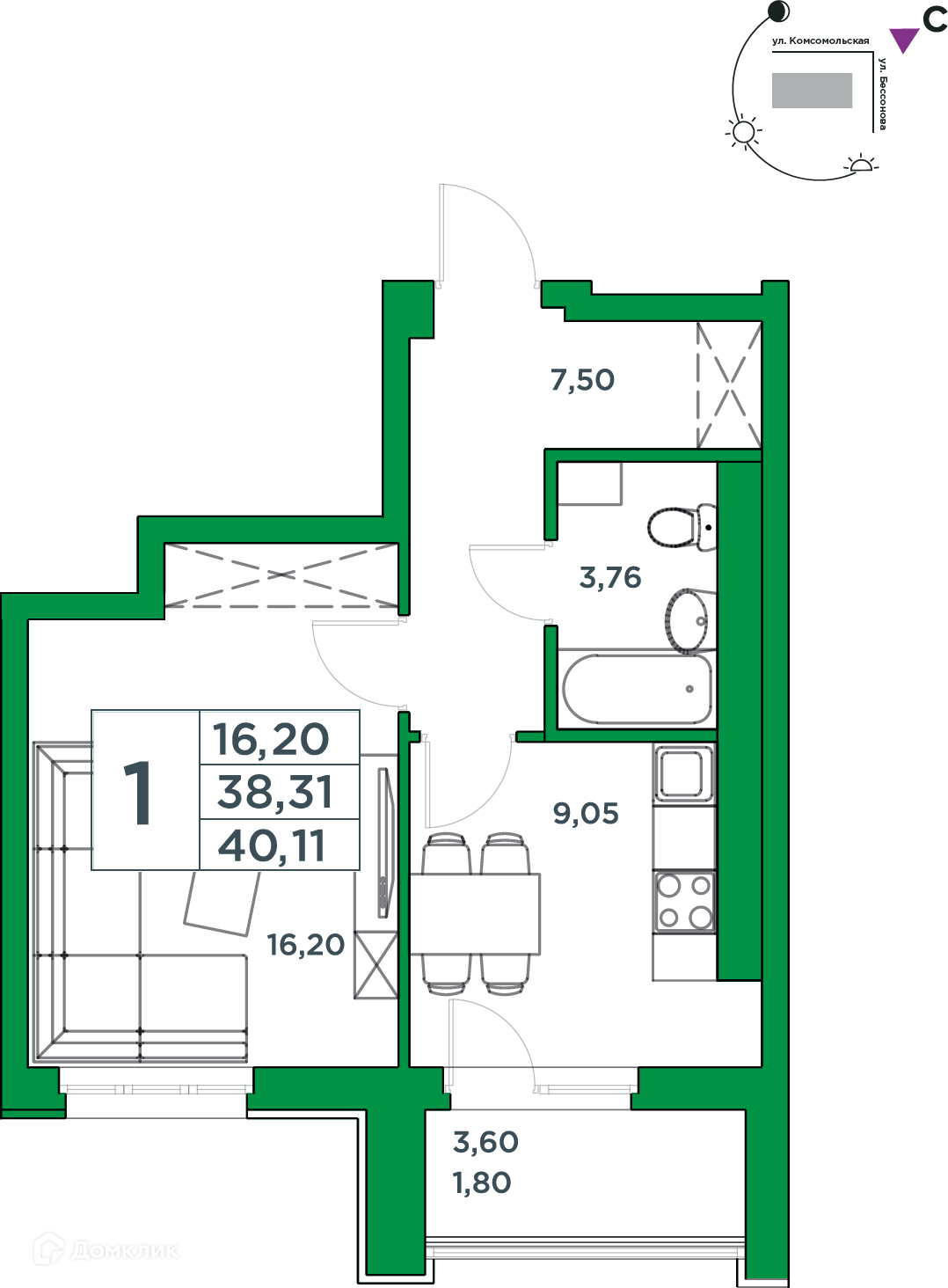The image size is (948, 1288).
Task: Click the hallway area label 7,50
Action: pos(582,380)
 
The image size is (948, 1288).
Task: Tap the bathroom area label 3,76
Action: pos(610,577)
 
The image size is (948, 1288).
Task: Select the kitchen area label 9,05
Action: pos(585,814)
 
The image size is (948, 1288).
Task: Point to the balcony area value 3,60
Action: pos(485,1142)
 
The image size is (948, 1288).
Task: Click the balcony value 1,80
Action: pos(482,1182)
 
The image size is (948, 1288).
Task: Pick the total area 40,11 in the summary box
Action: pos(272,845)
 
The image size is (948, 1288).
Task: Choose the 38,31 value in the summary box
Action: pos(274,793)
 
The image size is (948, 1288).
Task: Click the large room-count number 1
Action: pos(138,792)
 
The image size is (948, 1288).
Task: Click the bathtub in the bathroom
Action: pos(637,689)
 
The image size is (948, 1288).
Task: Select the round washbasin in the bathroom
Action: pos(688,621)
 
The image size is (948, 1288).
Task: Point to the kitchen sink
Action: pos(683,773)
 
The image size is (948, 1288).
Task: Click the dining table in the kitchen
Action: pos(475,914)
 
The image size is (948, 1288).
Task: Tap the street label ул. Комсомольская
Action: pos(820,40)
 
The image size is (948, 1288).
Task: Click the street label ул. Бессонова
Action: pos(882,93)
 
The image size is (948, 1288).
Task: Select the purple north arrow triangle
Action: pos(904,40)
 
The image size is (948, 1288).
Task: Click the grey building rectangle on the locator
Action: pos(812,91)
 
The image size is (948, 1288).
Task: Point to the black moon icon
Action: pos(779,11)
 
